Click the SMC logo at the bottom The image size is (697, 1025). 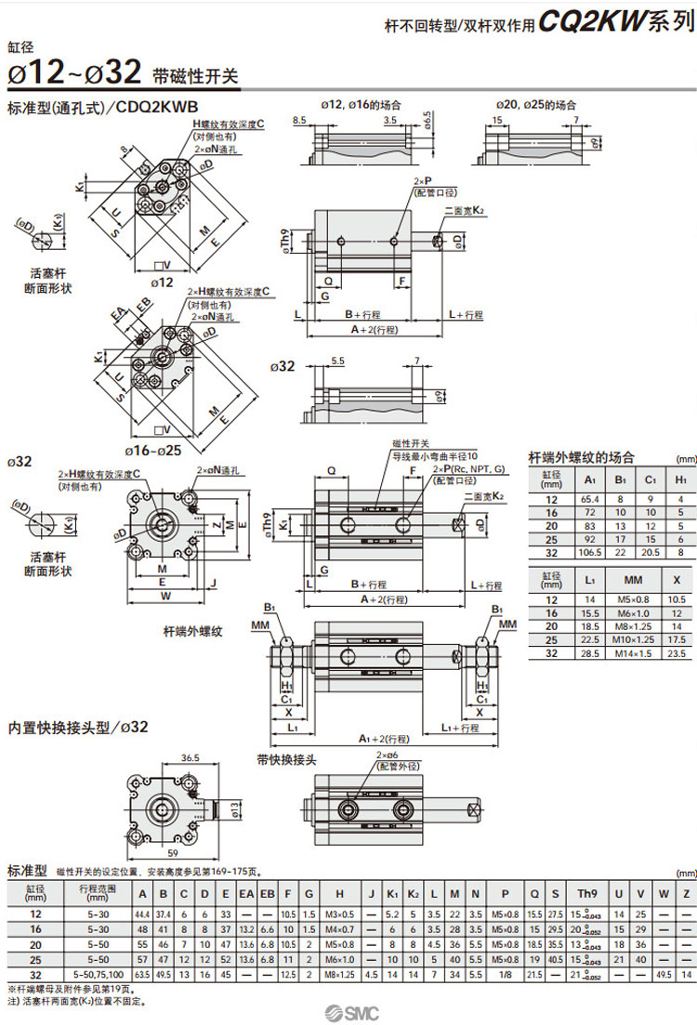pos(348,1012)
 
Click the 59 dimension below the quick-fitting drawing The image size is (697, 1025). pos(173,851)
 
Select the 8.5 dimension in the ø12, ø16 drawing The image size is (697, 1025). pos(299,121)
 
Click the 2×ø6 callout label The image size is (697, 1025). pos(382,757)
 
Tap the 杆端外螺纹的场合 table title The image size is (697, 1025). pos(581,456)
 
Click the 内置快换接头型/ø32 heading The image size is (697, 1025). pos(78,727)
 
